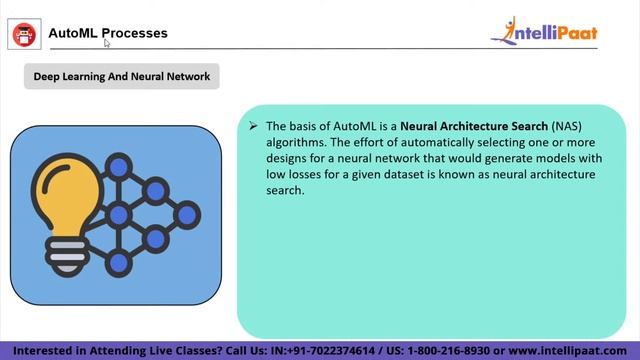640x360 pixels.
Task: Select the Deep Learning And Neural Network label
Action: [122, 76]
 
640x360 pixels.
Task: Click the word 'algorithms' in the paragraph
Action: [294, 142]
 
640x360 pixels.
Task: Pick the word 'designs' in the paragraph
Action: [287, 158]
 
